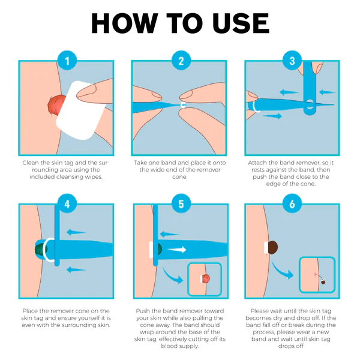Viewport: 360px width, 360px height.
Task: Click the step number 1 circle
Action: [68, 61]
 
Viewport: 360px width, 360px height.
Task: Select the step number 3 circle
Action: [292, 61]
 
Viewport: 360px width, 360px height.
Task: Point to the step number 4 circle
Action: [68, 204]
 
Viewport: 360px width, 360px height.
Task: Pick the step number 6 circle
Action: [292, 204]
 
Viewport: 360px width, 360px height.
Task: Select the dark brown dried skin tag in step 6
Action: [274, 247]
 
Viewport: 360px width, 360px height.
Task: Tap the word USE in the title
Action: [239, 23]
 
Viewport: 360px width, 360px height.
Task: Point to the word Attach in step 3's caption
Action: [259, 163]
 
